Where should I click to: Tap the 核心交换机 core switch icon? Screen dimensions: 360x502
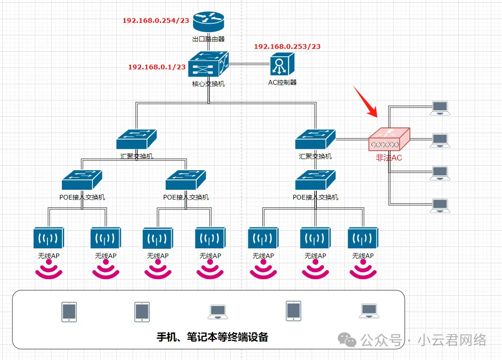[208, 64]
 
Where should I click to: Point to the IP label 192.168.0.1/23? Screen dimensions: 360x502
[157, 67]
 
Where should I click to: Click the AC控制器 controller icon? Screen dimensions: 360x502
[282, 64]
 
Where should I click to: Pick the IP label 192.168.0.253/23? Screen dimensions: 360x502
[287, 47]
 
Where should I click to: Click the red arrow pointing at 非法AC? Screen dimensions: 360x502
[366, 101]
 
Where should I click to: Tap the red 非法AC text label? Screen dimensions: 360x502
[389, 158]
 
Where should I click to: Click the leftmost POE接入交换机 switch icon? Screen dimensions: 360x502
[82, 180]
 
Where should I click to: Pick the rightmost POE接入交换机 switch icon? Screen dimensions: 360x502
[315, 180]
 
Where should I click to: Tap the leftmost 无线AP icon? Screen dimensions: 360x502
[49, 238]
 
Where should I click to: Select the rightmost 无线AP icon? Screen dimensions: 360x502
[363, 238]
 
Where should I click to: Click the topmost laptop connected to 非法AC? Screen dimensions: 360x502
[440, 108]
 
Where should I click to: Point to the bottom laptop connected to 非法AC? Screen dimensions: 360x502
[440, 206]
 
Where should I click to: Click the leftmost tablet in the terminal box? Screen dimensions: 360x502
[69, 312]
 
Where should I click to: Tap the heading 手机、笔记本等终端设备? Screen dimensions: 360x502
[212, 337]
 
